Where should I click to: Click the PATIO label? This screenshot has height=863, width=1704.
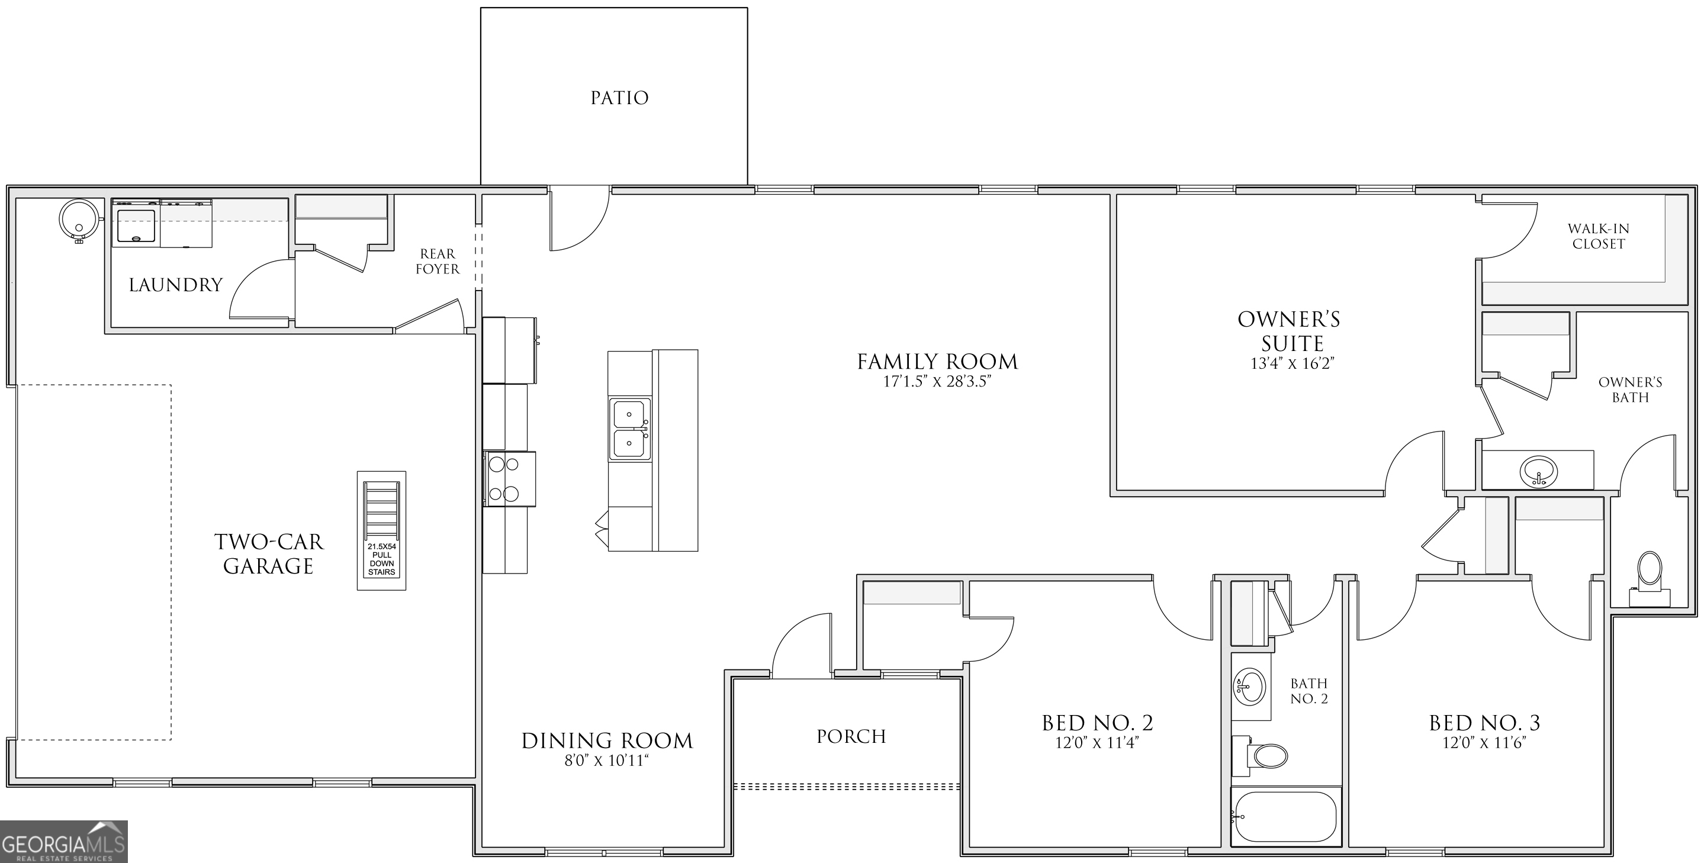[x=619, y=98]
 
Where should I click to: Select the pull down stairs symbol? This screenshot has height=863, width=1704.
[x=382, y=530]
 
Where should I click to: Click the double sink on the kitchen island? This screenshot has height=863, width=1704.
[x=629, y=429]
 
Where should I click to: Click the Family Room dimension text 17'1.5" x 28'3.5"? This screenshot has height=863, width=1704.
[x=937, y=382]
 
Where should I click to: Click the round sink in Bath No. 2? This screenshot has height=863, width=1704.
[x=1249, y=687]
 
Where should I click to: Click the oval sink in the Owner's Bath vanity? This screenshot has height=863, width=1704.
[x=1538, y=472]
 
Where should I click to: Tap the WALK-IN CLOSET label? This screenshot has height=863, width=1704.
[x=1598, y=236]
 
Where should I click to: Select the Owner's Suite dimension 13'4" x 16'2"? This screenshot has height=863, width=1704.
[x=1288, y=363]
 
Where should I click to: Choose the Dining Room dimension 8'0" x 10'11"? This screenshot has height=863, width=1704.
[x=606, y=761]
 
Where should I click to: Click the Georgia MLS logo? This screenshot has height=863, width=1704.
[x=63, y=842]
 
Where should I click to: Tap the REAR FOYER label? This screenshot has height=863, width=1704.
[x=437, y=261]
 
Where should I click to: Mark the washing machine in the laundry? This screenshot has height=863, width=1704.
[x=136, y=224]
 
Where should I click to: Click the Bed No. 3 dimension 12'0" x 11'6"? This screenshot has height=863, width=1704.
[x=1484, y=743]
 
